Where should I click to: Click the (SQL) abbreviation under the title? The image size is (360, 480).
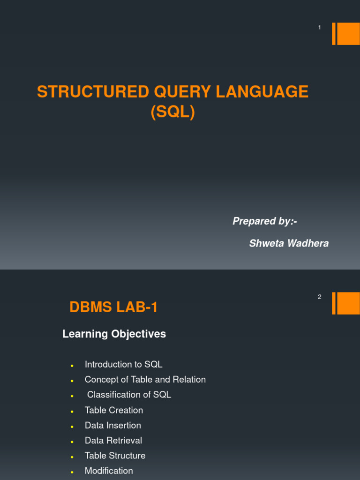(172, 112)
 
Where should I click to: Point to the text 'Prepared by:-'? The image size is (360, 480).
(265, 221)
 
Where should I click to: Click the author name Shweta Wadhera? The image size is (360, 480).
(289, 243)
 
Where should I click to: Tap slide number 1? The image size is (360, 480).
(320, 28)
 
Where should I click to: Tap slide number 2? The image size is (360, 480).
(320, 297)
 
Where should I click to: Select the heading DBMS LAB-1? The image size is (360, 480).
(114, 307)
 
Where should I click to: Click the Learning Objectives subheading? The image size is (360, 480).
(114, 334)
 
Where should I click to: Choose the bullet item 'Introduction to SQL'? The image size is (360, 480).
(123, 364)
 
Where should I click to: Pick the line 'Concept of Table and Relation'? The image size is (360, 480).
(145, 380)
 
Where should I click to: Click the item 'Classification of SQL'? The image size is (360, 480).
(129, 395)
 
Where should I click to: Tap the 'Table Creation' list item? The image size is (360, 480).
(114, 410)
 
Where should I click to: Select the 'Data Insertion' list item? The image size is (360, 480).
(112, 426)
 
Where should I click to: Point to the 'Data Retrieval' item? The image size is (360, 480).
(113, 441)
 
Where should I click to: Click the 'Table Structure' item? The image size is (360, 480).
(115, 456)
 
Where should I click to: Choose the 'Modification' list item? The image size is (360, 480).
(109, 471)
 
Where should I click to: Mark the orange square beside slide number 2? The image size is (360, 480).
(348, 303)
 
